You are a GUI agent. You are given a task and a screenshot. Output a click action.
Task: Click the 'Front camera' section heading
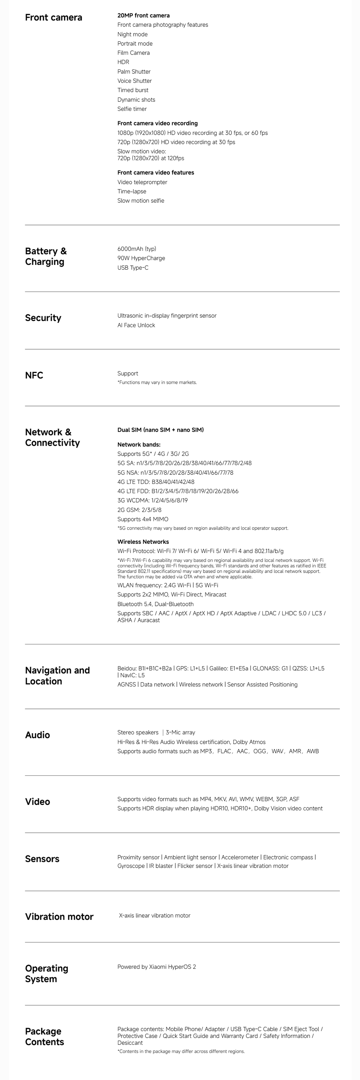[53, 18]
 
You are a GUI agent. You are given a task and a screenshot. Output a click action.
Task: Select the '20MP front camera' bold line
[143, 15]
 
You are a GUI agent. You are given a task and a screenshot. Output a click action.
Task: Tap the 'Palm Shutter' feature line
[134, 72]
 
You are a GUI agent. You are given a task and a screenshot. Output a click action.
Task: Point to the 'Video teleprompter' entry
[142, 182]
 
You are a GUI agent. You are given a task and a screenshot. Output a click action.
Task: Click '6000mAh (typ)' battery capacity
[137, 249]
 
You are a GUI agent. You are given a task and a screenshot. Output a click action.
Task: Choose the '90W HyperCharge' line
[141, 258]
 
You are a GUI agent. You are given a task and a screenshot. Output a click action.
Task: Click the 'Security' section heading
[43, 318]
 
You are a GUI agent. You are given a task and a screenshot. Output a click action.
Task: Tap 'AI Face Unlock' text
[136, 325]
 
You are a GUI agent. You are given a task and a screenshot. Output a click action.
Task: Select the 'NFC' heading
[34, 375]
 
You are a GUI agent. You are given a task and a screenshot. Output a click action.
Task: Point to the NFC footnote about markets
[157, 382]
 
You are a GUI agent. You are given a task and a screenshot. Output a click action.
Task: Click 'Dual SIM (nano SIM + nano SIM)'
[160, 430]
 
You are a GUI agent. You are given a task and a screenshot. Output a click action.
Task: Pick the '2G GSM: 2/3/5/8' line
[139, 510]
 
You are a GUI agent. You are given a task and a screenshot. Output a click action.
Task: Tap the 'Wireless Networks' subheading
[143, 542]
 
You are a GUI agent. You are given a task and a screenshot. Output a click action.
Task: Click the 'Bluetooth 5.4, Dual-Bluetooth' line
[155, 604]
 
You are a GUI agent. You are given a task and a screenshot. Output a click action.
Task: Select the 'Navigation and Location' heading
[57, 675]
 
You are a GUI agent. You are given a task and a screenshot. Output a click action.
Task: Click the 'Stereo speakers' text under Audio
[138, 733]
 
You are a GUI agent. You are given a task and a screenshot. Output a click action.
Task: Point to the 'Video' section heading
[37, 802]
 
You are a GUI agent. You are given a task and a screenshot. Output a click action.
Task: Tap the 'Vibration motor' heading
[59, 917]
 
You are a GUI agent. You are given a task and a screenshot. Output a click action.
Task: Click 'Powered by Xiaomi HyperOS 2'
[156, 967]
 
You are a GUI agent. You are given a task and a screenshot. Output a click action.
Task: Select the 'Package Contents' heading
[44, 1036]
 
